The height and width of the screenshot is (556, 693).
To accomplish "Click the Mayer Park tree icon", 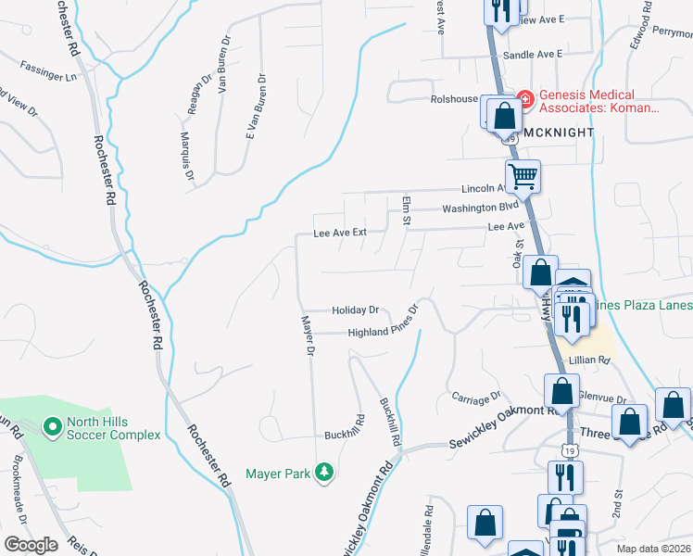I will point(323,474).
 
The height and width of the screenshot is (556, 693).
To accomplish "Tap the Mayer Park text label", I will point(277,474).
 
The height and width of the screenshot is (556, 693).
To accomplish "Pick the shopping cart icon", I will point(523,175).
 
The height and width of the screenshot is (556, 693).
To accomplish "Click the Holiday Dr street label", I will point(356,310).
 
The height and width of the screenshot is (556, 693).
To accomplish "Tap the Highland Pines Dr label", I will point(384,332).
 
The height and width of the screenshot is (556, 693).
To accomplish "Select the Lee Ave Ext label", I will point(340,233).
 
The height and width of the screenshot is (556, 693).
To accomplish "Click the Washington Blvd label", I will point(478,208).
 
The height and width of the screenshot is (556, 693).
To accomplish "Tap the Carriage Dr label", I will point(475,399).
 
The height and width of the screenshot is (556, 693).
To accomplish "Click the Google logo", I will point(31,545).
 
